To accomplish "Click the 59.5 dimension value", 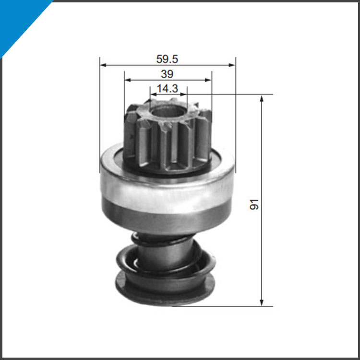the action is coord(167,59).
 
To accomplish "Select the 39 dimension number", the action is coord(167,74).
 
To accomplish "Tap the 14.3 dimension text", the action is coord(167,89).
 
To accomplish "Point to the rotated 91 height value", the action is coord(254,204).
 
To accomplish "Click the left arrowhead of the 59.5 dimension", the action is coord(103,65).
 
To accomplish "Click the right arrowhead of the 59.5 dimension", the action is coord(232,65).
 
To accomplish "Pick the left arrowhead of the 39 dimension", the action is coord(127,80).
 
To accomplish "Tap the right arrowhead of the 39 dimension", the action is coord(208,80).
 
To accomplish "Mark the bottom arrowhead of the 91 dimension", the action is coord(262,302).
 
